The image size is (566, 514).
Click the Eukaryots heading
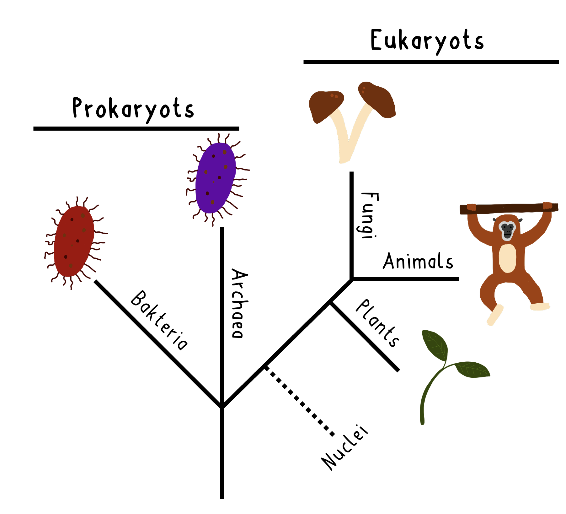(427, 41)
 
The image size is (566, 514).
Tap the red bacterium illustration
(74, 242)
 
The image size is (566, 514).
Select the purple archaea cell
(216, 178)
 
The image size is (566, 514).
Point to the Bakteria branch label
(159, 320)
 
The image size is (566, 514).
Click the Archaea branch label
(240, 303)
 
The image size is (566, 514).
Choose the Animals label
(418, 261)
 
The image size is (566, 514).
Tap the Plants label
(377, 323)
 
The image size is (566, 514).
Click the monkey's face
(507, 230)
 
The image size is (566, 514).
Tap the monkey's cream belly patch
(507, 258)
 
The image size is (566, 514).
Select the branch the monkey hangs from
(509, 208)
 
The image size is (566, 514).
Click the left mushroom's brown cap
(326, 106)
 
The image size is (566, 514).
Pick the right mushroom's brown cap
(377, 99)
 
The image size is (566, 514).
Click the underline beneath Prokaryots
(136, 128)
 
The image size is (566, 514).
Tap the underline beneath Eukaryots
(431, 62)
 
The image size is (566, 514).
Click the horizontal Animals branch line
(405, 279)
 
